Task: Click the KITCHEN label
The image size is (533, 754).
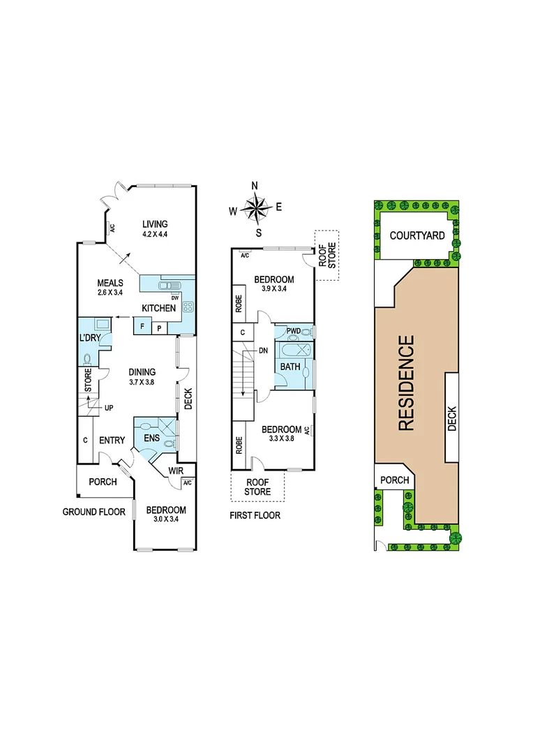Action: (x=158, y=308)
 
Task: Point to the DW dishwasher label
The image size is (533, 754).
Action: (x=175, y=297)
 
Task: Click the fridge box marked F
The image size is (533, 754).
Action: (x=142, y=326)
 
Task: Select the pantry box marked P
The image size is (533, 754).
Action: (x=159, y=327)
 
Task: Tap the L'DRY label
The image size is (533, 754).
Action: (x=91, y=338)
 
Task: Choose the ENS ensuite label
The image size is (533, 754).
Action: (x=151, y=438)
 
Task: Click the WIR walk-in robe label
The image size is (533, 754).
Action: (x=174, y=471)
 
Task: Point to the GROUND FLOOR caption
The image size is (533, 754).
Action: (x=93, y=512)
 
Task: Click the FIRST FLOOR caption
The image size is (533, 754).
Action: (x=255, y=515)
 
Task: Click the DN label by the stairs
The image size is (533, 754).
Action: (x=263, y=350)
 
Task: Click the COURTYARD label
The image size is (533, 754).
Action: (x=416, y=236)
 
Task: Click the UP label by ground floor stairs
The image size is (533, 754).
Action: (x=108, y=407)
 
